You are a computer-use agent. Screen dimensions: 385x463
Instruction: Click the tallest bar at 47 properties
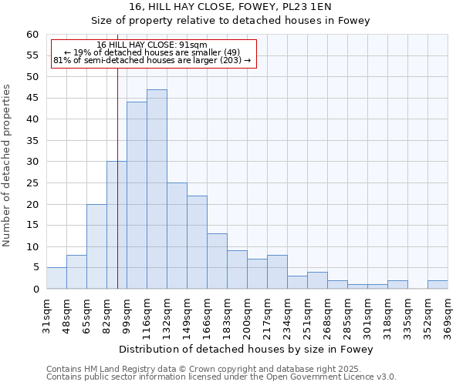[157, 189]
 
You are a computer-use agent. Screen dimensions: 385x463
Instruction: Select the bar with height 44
[137, 196]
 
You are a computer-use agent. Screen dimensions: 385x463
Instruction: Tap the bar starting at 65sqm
[96, 246]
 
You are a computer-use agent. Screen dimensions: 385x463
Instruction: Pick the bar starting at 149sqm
[197, 243]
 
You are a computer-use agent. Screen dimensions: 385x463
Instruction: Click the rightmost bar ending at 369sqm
[438, 285]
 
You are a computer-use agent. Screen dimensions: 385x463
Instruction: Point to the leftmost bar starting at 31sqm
[56, 278]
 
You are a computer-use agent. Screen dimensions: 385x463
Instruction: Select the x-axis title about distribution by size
[246, 350]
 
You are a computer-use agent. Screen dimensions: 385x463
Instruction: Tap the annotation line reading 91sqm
[152, 45]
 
